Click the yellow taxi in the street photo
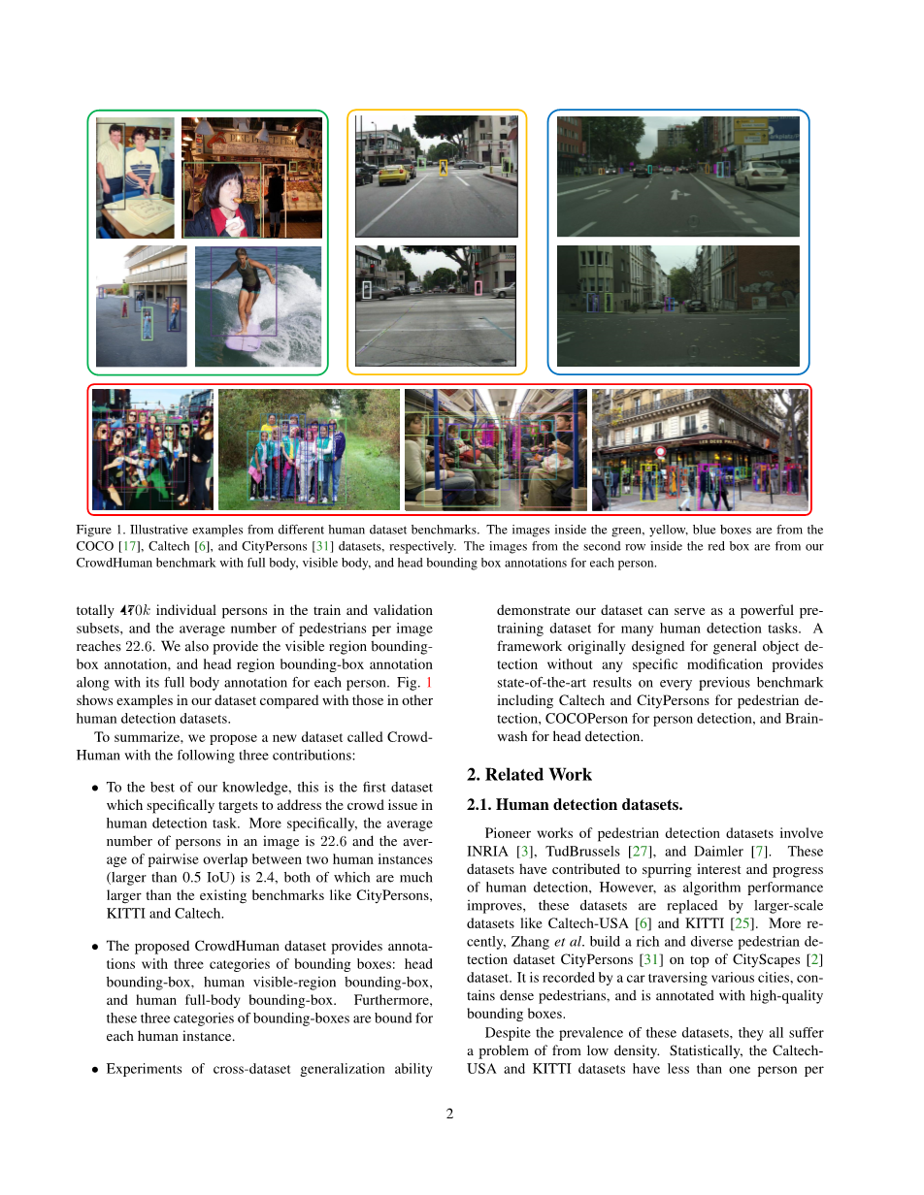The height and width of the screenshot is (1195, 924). tap(392, 175)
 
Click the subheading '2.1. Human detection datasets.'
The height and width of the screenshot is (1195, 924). tap(575, 804)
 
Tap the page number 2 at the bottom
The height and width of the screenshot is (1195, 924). tap(450, 1114)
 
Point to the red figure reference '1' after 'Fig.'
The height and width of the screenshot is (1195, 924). tap(429, 683)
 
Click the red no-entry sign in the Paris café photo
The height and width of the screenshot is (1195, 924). tap(661, 451)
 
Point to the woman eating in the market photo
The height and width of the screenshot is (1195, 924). tap(225, 197)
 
